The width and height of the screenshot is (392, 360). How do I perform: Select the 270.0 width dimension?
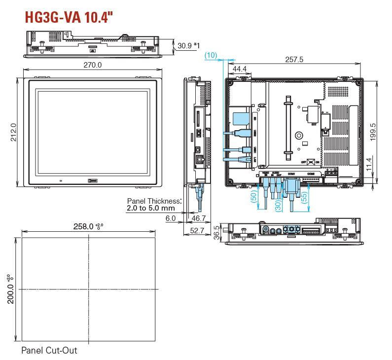tap(92, 65)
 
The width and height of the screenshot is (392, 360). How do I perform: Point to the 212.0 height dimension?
tap(14, 132)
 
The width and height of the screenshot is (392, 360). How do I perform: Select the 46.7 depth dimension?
tap(198, 217)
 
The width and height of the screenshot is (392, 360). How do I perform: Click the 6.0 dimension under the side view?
tap(171, 217)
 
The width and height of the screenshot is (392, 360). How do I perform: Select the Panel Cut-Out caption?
tap(49, 351)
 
